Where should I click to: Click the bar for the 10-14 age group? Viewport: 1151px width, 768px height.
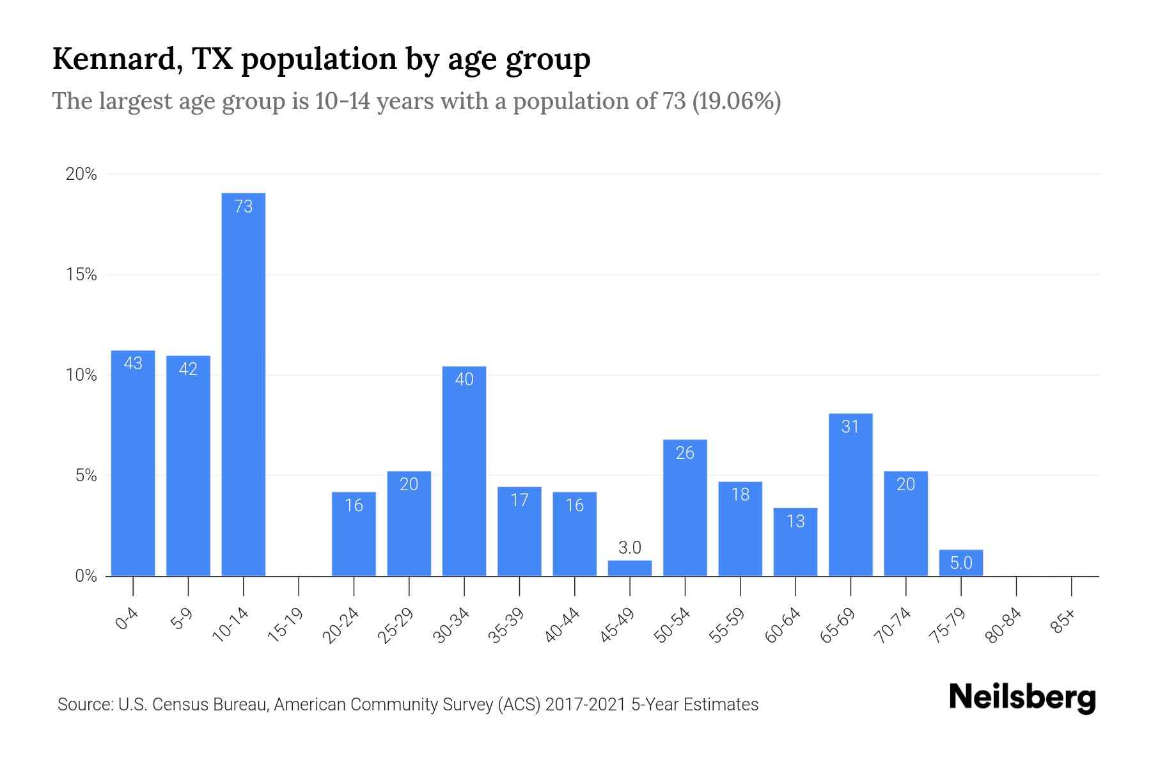click(x=243, y=384)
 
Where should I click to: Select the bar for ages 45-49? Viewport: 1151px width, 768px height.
click(x=630, y=568)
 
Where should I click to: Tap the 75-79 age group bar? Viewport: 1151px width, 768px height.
click(x=961, y=563)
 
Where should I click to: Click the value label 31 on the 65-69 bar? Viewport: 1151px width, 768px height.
click(x=850, y=426)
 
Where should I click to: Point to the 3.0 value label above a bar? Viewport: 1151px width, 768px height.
click(x=630, y=547)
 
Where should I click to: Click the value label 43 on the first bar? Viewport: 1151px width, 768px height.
click(x=133, y=364)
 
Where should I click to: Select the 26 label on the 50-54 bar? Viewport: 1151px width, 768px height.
click(x=685, y=453)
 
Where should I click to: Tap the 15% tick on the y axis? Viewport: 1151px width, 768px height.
click(x=82, y=275)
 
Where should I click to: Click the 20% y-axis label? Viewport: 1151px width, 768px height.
click(x=82, y=174)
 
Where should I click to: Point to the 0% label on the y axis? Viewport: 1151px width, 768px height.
click(x=86, y=576)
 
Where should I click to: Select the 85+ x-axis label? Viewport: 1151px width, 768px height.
click(x=1064, y=622)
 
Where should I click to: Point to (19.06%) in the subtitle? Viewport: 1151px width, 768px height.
click(x=736, y=101)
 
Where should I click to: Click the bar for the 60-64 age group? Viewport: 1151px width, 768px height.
click(x=795, y=543)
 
